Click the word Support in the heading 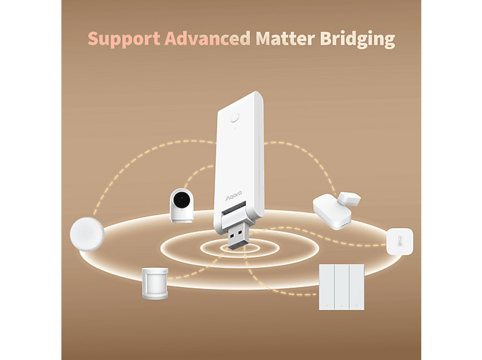[124, 39]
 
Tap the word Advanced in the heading [207, 39]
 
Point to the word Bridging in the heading [357, 39]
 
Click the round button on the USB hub [235, 118]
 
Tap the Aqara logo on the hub [234, 196]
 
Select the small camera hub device [182, 205]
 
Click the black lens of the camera [181, 200]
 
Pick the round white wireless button [87, 234]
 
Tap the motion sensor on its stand [155, 284]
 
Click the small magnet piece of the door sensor [350, 198]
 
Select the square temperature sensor [400, 242]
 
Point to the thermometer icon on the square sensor [400, 241]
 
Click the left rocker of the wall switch [327, 287]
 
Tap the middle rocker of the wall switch [341, 287]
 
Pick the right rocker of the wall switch [356, 287]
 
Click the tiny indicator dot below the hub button [235, 128]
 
